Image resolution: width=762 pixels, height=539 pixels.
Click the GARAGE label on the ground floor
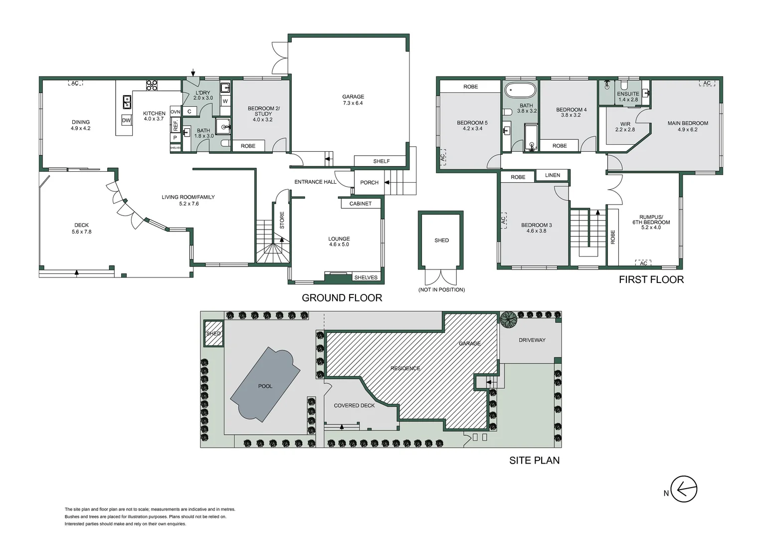(x=353, y=97)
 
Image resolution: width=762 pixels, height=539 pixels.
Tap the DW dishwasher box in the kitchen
(x=126, y=120)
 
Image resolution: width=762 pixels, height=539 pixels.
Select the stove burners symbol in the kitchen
(x=152, y=85)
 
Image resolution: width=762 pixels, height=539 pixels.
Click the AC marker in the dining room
(x=75, y=83)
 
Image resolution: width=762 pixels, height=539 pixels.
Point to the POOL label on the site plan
(x=265, y=386)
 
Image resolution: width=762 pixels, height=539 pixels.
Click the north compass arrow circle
(x=684, y=489)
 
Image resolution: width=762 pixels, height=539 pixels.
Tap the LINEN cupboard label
(x=553, y=175)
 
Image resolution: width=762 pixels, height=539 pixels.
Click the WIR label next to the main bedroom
(x=625, y=124)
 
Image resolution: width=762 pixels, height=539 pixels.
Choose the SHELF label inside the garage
(x=381, y=161)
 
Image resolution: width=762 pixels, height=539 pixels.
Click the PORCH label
(x=370, y=183)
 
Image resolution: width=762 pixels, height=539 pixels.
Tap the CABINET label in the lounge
(x=361, y=204)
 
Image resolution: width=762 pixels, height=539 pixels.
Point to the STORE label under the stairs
(x=282, y=220)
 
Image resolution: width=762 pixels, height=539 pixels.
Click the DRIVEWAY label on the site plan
(x=532, y=340)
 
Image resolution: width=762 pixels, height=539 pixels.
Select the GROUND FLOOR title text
(x=342, y=298)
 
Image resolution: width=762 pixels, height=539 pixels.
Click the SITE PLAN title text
(x=535, y=460)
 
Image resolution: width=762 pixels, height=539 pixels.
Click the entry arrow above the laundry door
(x=193, y=72)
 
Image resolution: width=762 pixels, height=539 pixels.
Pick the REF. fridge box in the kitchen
(x=176, y=125)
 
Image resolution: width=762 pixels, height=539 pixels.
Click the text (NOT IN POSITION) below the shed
(x=441, y=290)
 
